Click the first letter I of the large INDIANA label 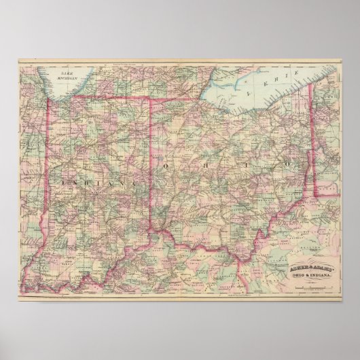[63, 183]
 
